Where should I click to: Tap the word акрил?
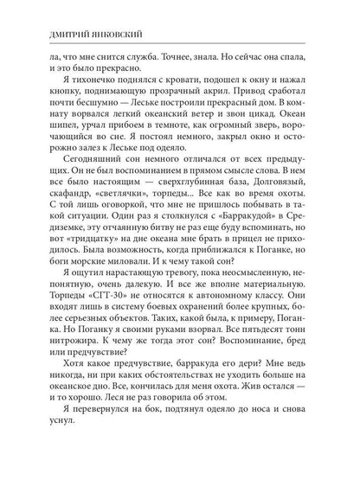(x=228, y=99)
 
